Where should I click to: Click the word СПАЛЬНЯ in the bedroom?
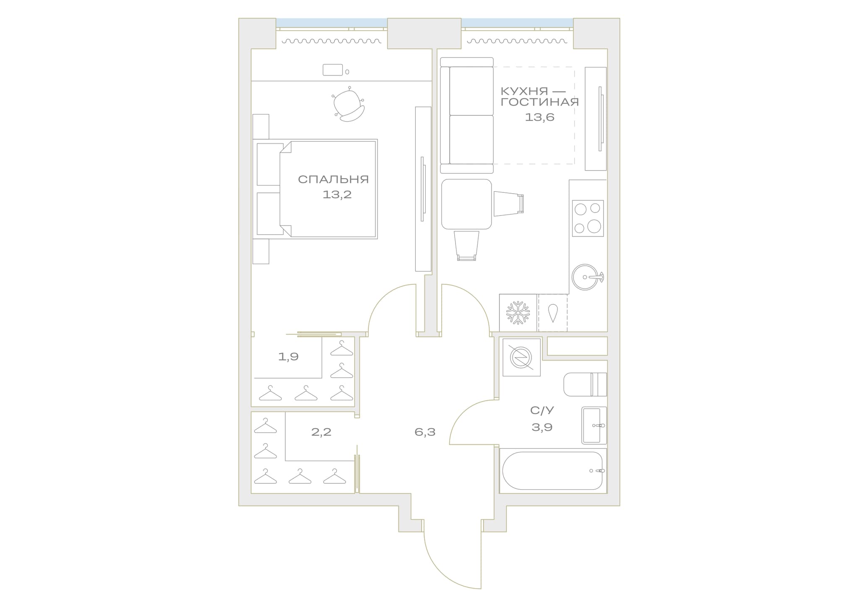point(333,179)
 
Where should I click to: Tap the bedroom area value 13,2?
point(337,195)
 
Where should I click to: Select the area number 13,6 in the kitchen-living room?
point(540,117)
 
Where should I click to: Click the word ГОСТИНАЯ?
point(540,102)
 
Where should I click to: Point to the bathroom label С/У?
point(542,410)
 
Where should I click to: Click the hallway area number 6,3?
point(425,432)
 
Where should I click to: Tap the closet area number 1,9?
point(289,357)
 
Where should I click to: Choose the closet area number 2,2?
point(321,432)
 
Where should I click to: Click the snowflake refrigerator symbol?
point(518,313)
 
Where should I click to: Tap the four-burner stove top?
point(588,218)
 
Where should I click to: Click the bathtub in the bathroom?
point(553,471)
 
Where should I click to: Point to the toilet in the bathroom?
point(585,384)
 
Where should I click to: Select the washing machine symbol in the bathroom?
point(521,357)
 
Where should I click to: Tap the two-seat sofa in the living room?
point(467,115)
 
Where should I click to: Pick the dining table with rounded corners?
point(466,204)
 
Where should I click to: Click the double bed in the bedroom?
point(315,189)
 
